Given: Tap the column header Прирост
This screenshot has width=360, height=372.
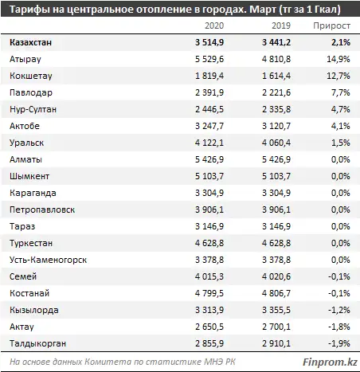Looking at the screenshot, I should pos(333,25).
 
